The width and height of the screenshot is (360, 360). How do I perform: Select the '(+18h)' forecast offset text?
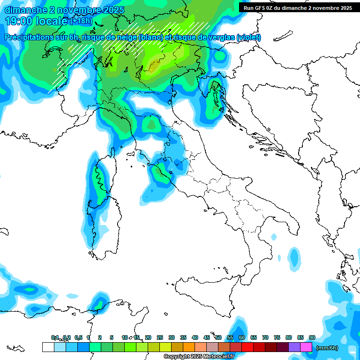(82, 21)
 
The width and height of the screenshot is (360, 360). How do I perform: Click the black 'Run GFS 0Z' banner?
(295, 7)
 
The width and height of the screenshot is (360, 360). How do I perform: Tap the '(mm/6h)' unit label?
(327, 348)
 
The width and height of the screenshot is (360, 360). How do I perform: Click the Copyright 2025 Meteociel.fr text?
(199, 357)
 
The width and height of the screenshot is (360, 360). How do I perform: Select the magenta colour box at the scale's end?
(306, 347)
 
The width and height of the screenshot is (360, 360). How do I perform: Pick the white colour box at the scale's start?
(48, 347)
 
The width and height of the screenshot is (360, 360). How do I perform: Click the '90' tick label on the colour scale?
(312, 337)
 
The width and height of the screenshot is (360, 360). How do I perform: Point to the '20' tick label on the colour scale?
(148, 337)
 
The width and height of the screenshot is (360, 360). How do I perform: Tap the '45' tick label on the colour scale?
(207, 337)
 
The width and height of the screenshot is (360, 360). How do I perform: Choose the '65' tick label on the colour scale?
(254, 337)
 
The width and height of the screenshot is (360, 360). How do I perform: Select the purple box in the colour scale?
(294, 347)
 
